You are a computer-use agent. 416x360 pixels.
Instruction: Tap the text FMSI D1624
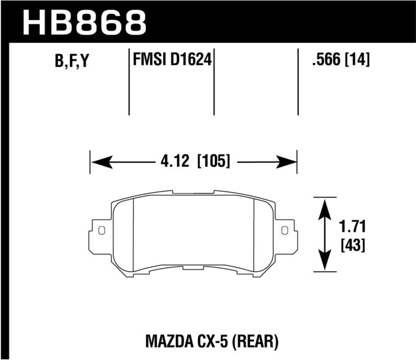171,61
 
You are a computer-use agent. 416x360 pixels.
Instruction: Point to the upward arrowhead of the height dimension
325,206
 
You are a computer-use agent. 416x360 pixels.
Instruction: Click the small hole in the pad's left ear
101,230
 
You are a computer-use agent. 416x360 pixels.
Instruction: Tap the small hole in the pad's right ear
284,230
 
